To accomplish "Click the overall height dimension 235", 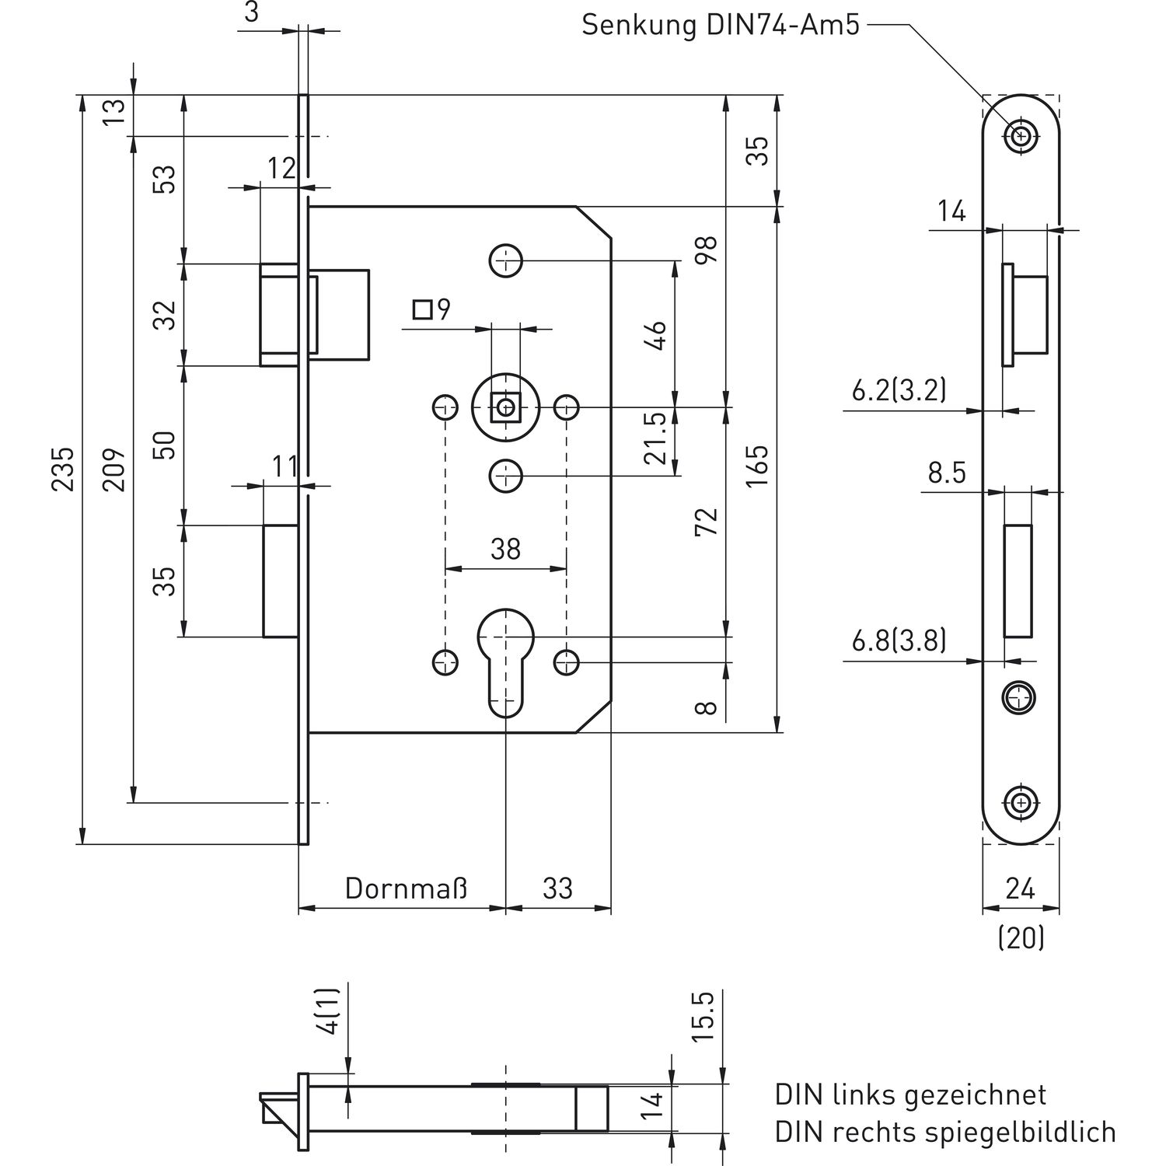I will coord(64,468).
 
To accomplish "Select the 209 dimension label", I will coord(114,468).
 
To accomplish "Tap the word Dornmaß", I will coord(407,888).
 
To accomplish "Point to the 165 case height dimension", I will coord(756,466).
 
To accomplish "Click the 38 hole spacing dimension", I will coord(505,550).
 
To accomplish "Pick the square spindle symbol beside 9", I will coord(422,310).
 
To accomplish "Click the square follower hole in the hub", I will coord(508,407).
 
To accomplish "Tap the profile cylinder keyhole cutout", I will coord(505,661).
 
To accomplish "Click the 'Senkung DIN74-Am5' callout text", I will coord(721,25).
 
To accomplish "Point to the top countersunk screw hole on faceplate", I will coord(1021,136).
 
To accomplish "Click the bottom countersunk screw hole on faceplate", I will coord(1021,801).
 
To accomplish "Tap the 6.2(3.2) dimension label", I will coord(899,389).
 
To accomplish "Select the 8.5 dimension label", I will coord(947,472).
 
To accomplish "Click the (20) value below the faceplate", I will coord(1021,939).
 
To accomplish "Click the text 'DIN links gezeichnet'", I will coord(910,1094).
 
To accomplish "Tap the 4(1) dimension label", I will coord(330,1011).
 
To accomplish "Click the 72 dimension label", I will coord(706,521).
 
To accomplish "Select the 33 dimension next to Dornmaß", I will coord(557,888).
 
